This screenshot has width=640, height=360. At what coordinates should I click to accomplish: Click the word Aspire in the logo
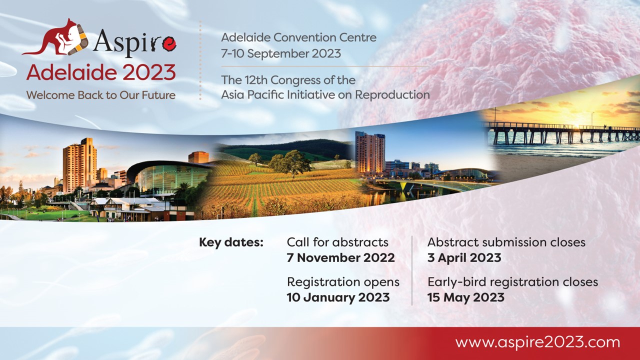(134, 43)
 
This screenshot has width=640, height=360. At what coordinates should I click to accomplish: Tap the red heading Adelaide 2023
(101, 72)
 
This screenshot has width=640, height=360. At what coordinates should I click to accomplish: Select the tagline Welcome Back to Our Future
(101, 95)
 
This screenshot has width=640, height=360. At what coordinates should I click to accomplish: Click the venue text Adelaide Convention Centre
(298, 37)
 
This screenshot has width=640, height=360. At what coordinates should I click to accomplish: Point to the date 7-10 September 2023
(281, 53)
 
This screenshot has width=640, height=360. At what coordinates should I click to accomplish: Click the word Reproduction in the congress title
(392, 95)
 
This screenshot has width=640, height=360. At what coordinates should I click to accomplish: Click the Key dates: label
(231, 242)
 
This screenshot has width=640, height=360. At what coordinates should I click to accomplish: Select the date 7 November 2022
(341, 257)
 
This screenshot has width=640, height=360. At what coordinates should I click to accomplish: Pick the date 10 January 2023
(338, 297)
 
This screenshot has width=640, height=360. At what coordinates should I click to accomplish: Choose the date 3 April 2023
(464, 257)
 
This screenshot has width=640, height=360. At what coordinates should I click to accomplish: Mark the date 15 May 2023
(466, 297)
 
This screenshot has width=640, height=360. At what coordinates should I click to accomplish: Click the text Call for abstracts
(337, 242)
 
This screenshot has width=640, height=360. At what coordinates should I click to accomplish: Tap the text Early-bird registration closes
(512, 282)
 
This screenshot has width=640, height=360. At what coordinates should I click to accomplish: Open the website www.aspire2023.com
(537, 342)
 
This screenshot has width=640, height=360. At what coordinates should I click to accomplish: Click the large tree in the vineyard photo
(292, 163)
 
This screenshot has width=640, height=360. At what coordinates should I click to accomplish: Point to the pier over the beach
(560, 133)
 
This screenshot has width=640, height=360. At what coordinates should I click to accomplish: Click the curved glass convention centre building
(168, 177)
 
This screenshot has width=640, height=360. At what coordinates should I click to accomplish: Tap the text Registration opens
(343, 282)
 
